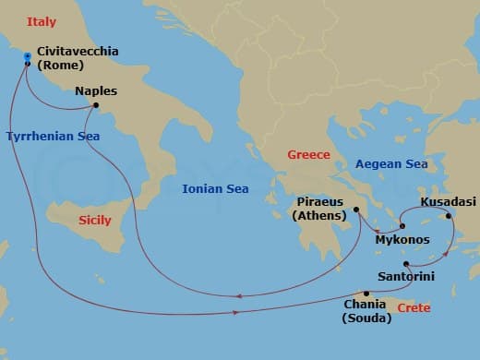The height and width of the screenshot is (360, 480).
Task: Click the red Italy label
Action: [42, 21]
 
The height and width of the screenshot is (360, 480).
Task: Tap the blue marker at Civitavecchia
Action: [28, 58]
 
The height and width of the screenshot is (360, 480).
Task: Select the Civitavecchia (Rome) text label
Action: [78, 59]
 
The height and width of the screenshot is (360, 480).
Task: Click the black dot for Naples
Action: [96, 105]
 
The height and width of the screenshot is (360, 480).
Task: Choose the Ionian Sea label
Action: [215, 188]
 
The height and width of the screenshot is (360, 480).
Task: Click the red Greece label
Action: [308, 154]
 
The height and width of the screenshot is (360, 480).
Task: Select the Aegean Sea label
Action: [391, 163]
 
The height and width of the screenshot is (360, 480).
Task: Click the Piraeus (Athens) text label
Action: [319, 209]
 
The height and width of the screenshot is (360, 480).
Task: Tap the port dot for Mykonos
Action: [402, 227]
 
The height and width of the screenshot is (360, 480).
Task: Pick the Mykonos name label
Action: [402, 240]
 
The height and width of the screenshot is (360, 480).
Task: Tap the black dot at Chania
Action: [366, 294]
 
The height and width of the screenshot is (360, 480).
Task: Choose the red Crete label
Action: [413, 307]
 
